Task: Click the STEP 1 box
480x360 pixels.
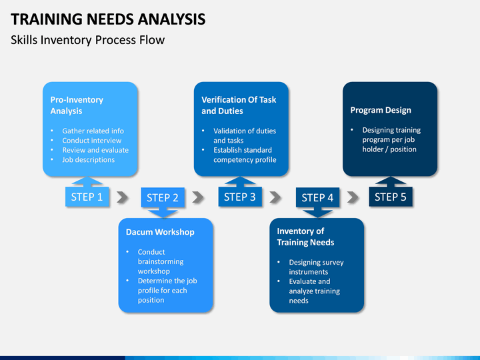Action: click(87, 197)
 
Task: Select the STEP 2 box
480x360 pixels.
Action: click(163, 197)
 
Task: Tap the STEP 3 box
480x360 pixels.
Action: click(240, 197)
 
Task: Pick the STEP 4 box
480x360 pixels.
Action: click(317, 197)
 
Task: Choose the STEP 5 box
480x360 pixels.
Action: click(391, 197)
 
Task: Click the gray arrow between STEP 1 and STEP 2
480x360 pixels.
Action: click(122, 197)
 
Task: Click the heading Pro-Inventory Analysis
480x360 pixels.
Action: click(77, 105)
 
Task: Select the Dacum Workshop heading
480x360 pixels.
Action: click(160, 232)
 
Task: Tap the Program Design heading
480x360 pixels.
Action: click(381, 110)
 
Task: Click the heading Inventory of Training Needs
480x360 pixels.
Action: click(305, 237)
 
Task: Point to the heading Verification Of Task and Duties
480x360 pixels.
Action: click(239, 105)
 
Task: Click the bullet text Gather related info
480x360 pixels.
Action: click(93, 131)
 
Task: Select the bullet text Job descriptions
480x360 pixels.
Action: click(88, 159)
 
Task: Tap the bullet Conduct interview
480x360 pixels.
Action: click(91, 141)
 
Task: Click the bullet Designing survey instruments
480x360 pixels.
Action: click(316, 267)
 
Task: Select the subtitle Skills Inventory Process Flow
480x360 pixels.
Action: click(87, 40)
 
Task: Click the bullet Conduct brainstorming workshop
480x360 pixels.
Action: click(160, 261)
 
